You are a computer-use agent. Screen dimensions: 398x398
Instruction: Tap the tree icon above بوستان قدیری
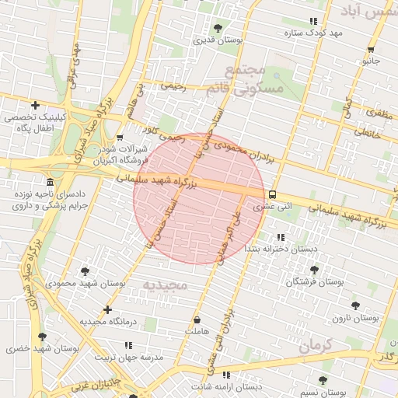[x=217, y=28]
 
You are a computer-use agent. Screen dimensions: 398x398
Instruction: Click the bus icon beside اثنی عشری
[x=272, y=195]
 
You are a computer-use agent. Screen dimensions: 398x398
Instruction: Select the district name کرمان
[x=316, y=344]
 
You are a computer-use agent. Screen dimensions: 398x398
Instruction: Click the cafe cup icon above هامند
[x=197, y=319]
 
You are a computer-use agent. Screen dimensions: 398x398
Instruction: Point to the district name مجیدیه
[x=165, y=285]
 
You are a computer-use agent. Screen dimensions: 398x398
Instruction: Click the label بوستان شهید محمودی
[x=85, y=283]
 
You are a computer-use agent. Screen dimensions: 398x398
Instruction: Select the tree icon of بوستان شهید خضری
[x=42, y=337]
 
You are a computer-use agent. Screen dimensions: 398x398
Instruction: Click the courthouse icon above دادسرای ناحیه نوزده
[x=51, y=182]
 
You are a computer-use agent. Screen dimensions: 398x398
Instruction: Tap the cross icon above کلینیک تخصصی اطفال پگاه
[x=34, y=105]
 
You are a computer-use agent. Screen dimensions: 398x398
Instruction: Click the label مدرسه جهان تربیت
[x=129, y=358]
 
